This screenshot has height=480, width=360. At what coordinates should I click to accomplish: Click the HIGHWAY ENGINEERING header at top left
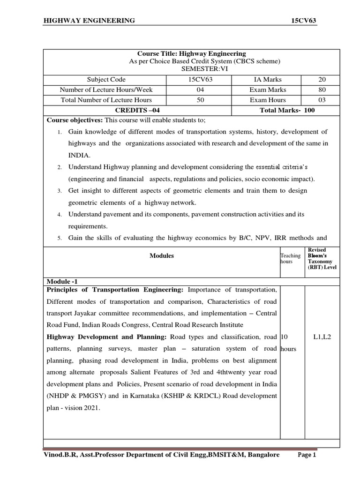coord(89,20)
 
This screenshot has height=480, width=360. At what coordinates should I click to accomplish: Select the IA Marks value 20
coord(322,80)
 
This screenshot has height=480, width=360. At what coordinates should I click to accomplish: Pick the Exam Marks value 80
coord(322,90)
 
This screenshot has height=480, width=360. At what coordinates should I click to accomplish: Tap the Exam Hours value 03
coord(322,100)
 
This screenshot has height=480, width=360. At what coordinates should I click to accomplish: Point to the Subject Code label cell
coord(106,80)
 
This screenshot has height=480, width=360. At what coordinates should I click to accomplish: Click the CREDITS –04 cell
coord(138,110)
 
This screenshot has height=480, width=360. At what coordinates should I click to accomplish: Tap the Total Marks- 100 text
coord(287,110)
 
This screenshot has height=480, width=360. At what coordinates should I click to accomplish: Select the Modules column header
coord(162,255)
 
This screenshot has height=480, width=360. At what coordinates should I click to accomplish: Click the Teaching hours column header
coord(290,258)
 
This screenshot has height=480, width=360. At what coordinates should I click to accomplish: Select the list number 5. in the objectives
coord(60,238)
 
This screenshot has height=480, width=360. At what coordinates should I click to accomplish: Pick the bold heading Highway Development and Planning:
coord(107,337)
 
